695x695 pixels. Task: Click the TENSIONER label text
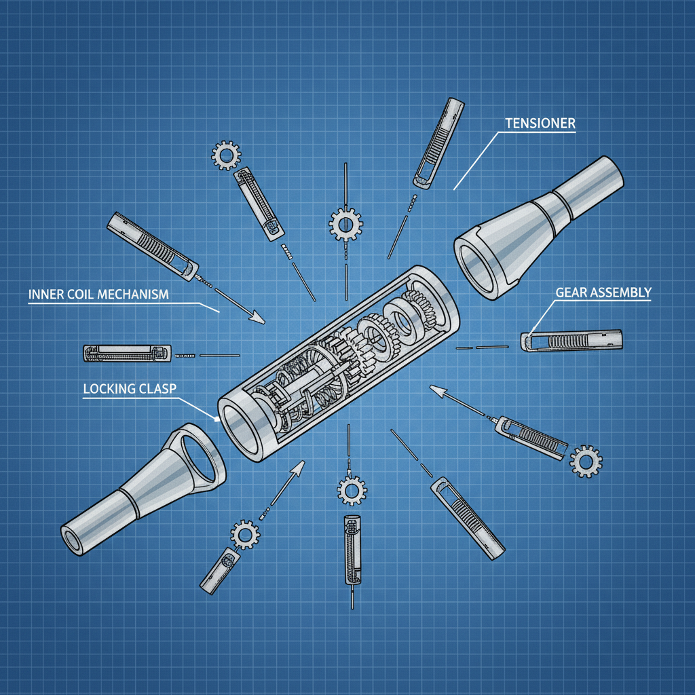tap(540, 124)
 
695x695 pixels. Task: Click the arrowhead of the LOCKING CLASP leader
tap(217, 418)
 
